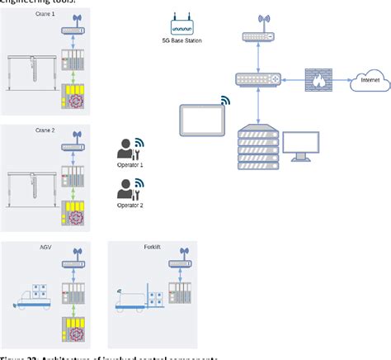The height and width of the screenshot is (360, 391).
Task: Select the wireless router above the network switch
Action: click(x=259, y=35)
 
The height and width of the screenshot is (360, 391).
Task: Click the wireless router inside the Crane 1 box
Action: click(x=74, y=30)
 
